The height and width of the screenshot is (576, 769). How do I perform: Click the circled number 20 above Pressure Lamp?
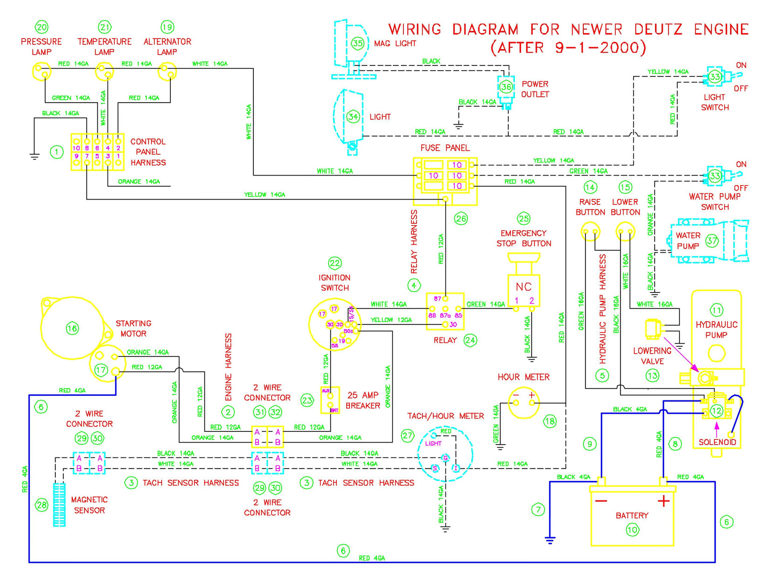coord(41,27)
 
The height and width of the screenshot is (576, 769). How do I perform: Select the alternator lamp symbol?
coord(167,71)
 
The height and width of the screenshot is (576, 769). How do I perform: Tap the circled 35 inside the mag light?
coord(357,44)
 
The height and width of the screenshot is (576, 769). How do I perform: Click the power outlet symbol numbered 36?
coord(506,87)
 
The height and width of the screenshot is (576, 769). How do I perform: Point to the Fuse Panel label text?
coord(445,148)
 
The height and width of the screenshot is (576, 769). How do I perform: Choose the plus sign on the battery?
coord(663,501)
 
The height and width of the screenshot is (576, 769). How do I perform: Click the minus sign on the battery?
coord(601,501)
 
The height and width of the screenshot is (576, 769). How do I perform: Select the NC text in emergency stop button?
coord(524,287)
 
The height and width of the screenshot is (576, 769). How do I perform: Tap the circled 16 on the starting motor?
coord(72,328)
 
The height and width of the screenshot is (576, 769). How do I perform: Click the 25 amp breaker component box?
coord(330,400)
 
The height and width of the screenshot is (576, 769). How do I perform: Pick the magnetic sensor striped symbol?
coord(59,504)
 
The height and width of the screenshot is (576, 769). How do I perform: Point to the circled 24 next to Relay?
coord(470,340)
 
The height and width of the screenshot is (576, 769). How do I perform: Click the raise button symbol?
coord(590,232)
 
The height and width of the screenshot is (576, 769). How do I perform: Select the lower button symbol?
coord(625,232)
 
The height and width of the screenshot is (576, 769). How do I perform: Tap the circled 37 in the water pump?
coord(712,240)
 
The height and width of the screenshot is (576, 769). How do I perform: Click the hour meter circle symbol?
coord(523,402)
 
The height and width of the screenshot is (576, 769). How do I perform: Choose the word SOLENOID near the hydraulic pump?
coord(717,442)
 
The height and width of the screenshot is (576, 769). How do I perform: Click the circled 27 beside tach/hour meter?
coord(407,436)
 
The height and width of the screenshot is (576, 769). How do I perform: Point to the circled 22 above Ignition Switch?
coord(334,263)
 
